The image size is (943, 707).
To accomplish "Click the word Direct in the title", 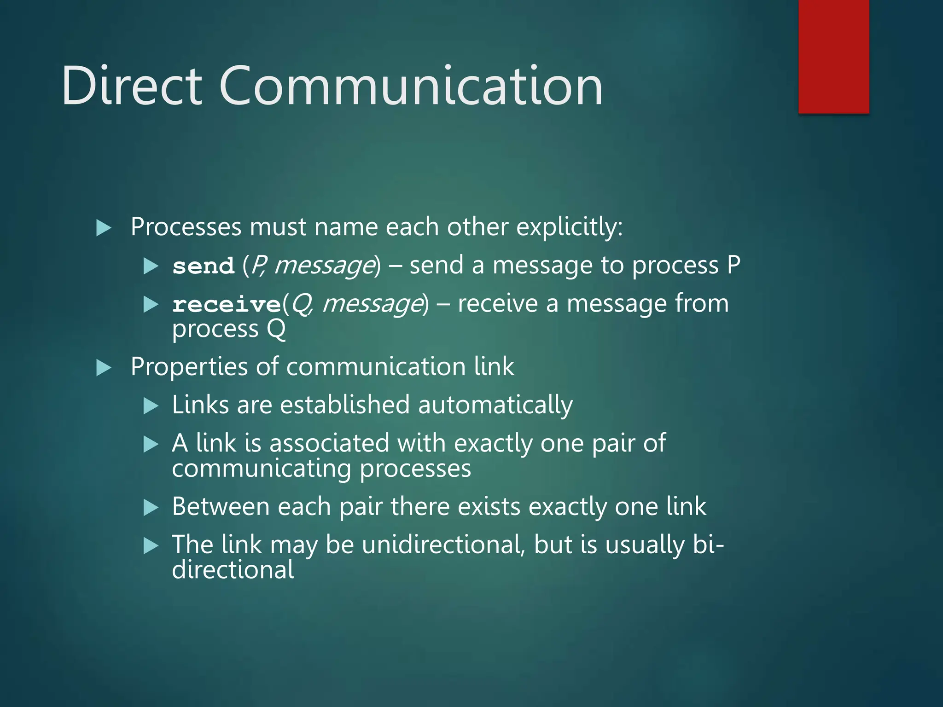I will pyautogui.click(x=132, y=87).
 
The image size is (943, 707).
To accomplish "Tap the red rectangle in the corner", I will pyautogui.click(x=833, y=56).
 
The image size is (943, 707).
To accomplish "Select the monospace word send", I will pyautogui.click(x=203, y=267).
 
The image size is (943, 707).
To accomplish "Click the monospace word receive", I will pyautogui.click(x=227, y=305).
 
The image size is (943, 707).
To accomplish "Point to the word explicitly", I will pyautogui.click(x=569, y=227).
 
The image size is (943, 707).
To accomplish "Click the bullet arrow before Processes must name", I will pyautogui.click(x=104, y=228).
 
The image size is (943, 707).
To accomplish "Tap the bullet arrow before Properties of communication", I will pyautogui.click(x=104, y=368).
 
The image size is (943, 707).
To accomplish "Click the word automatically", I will pyautogui.click(x=495, y=406).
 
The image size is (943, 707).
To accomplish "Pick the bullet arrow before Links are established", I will pyautogui.click(x=151, y=406).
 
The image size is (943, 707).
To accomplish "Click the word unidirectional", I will pyautogui.click(x=443, y=545).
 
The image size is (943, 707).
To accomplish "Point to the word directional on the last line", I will pyautogui.click(x=233, y=570).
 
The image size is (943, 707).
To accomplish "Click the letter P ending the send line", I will pyautogui.click(x=733, y=266).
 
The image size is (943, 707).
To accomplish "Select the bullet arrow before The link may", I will pyautogui.click(x=151, y=546).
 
